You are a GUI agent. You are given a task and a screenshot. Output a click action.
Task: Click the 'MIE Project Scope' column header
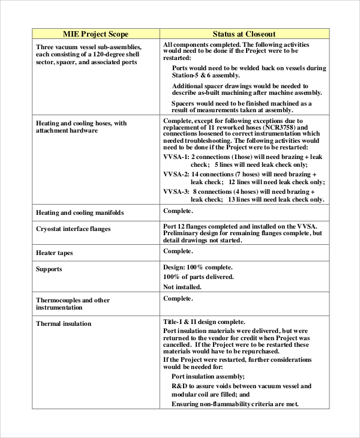[96, 34]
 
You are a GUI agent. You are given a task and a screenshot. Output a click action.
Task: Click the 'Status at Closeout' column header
[245, 34]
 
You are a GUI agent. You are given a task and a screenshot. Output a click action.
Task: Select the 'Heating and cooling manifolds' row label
[80, 212]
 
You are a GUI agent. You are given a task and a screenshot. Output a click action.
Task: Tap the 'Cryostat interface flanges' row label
[73, 229]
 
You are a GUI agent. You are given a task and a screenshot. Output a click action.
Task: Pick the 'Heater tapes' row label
[55, 253]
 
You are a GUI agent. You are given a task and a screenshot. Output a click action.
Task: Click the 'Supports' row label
[49, 269]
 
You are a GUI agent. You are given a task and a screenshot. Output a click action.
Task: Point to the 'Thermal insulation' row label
[64, 323]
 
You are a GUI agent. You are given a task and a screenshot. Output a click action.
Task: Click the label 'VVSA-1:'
[176, 157]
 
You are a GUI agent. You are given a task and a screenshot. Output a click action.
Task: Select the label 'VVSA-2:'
[176, 174]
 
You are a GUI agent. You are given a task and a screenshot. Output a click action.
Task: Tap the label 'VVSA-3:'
[176, 191]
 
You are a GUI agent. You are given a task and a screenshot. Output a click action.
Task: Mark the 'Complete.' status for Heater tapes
[178, 251]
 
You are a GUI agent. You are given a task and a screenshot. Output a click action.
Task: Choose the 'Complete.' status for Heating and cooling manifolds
[178, 211]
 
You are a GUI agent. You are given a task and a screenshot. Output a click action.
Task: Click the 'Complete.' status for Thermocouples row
[178, 298]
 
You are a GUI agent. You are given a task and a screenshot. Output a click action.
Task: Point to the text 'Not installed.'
[182, 287]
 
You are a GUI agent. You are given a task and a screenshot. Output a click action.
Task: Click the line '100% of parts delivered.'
[199, 277]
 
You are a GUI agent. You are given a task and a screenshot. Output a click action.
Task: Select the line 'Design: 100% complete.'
[198, 267]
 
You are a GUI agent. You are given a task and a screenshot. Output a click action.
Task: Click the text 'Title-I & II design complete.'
[204, 322]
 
